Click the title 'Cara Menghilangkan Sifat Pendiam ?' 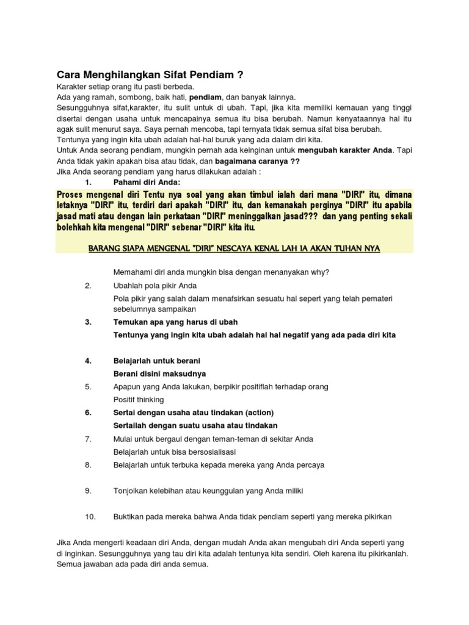click(150, 75)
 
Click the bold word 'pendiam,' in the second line click(206, 97)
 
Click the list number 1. click(89, 182)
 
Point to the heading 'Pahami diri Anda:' click(147, 182)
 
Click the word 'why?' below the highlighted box click(320, 272)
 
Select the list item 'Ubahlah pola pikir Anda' click(155, 285)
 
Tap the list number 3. click(89, 322)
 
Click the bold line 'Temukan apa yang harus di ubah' click(176, 322)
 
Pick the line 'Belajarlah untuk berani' click(157, 361)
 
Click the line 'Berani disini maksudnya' click(160, 374)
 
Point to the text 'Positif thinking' click(139, 400)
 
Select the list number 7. click(89, 439)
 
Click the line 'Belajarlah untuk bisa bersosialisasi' click(175, 452)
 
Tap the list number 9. click(89, 491)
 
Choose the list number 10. click(90, 516)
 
